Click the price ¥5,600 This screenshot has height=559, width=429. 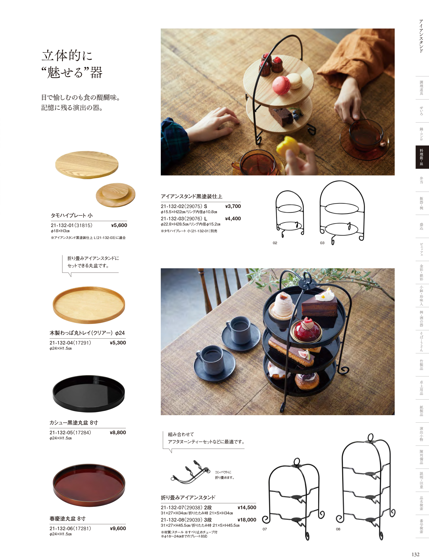tap(119, 225)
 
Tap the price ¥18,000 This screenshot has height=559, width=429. tap(247, 520)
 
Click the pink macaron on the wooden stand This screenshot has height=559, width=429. tap(281, 85)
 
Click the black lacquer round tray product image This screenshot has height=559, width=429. tap(89, 393)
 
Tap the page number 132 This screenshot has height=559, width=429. tap(416, 554)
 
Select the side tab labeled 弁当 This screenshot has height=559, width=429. tap(421, 180)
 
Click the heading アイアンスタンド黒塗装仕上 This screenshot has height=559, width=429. tap(192, 196)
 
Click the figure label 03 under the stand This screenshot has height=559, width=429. tap(322, 243)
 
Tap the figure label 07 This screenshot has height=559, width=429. tap(265, 529)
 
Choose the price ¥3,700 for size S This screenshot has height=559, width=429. tap(233, 206)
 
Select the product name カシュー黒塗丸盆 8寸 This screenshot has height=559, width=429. tap(74, 423)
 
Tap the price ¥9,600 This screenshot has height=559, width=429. tap(118, 528)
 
